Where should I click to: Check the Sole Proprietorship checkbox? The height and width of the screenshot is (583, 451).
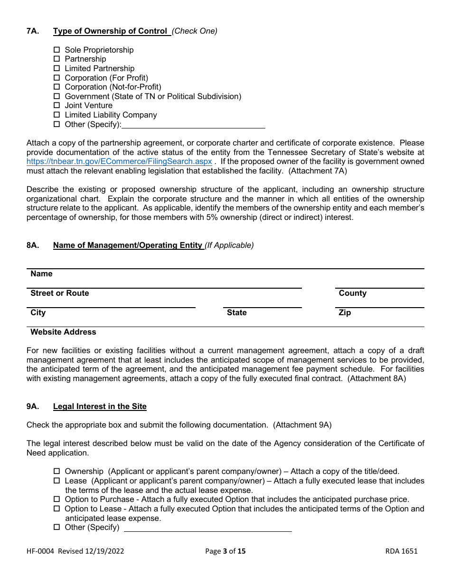tap(56, 50)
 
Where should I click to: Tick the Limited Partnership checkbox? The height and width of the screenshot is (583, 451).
tap(56, 68)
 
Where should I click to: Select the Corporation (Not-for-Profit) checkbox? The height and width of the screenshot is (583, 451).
tap(56, 87)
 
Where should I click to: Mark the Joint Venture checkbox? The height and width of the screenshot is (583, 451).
tap(56, 105)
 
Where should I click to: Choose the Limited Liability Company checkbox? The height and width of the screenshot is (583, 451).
tap(56, 115)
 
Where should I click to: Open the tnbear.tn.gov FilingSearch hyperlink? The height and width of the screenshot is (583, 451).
tap(119, 161)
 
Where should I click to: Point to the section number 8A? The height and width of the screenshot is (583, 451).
tap(32, 245)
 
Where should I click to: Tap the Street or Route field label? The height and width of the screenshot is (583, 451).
tap(60, 293)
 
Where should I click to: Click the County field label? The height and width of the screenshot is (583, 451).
tap(352, 293)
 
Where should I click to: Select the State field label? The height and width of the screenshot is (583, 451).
tap(236, 312)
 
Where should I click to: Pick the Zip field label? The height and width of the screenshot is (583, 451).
tap(345, 312)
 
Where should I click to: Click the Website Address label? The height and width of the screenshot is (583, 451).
tap(63, 332)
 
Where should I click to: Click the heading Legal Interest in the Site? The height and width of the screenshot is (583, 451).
tap(100, 406)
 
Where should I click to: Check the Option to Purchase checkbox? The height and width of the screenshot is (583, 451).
tap(56, 499)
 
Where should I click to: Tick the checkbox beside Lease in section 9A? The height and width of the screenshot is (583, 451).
tap(56, 481)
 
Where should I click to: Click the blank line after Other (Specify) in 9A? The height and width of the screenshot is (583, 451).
tap(207, 528)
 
